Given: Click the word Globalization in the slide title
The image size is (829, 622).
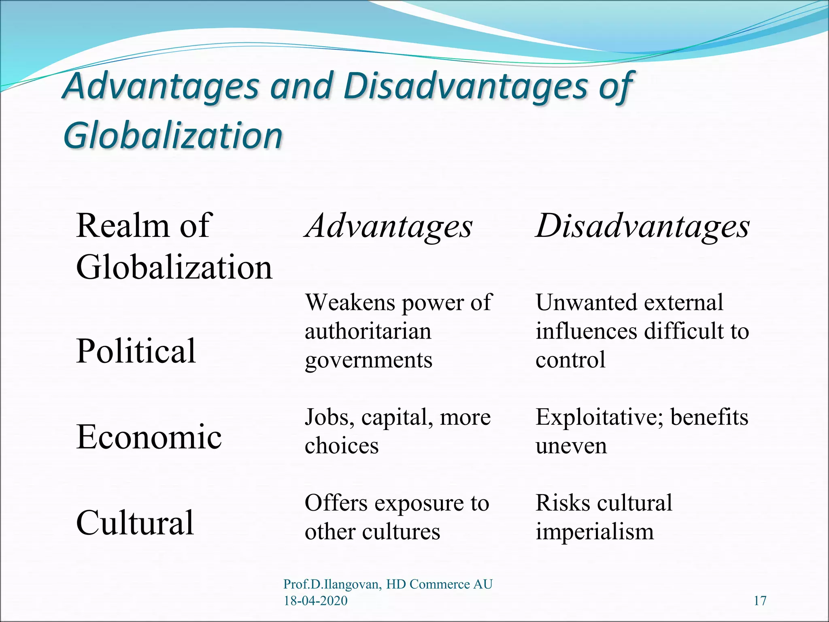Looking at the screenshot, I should point(173,135).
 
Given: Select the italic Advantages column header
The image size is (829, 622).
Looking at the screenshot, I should point(389,226).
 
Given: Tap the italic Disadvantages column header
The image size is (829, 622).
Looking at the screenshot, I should point(643,226).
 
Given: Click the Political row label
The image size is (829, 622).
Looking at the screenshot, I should point(136,351).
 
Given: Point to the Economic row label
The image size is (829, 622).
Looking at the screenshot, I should point(149,437).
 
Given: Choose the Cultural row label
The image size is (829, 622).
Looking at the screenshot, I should point(135,522).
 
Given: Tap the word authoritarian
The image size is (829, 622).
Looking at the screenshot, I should point(368,331).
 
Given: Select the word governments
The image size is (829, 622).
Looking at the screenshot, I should point(368,360).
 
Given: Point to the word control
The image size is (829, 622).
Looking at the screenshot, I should point(570,360).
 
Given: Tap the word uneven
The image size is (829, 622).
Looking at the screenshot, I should point(571,446).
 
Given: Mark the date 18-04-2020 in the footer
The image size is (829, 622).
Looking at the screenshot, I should point(315,601).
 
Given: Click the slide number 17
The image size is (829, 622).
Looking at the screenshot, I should point(760,601).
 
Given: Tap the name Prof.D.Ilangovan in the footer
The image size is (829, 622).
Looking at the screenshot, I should point(332,584).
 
